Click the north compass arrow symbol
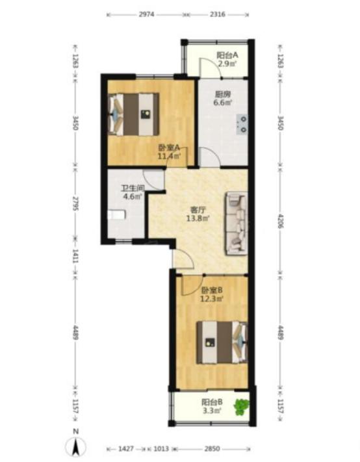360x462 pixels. pyautogui.click(x=76, y=446)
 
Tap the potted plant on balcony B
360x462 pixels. pyautogui.click(x=242, y=407)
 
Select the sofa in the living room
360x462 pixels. pyautogui.click(x=237, y=224)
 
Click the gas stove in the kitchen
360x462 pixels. pyautogui.click(x=242, y=124)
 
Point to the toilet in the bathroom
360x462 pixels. pyautogui.click(x=116, y=215)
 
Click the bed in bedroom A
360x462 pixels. pyautogui.click(x=134, y=114)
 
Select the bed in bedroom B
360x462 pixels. pyautogui.click(x=222, y=342)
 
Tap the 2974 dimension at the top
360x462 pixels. pyautogui.click(x=146, y=14)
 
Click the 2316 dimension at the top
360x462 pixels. pyautogui.click(x=218, y=14)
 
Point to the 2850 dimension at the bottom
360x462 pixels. pyautogui.click(x=212, y=449)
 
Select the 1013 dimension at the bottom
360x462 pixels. pyautogui.click(x=161, y=449)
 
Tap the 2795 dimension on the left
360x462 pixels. pyautogui.click(x=75, y=204)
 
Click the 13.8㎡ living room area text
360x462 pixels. pyautogui.click(x=198, y=218)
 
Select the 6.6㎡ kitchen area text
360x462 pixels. pyautogui.click(x=222, y=103)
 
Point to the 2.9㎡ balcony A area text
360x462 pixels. pyautogui.click(x=227, y=64)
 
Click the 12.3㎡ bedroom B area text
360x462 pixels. pyautogui.click(x=212, y=299)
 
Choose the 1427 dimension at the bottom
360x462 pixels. pyautogui.click(x=126, y=449)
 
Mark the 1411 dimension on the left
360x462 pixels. pyautogui.click(x=75, y=256)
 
